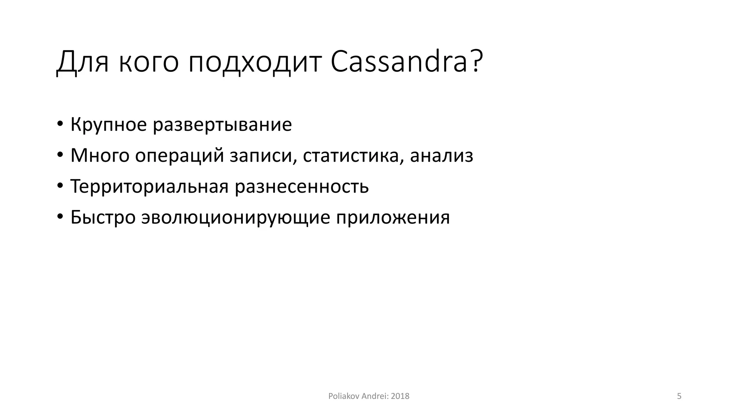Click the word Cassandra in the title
click(x=399, y=62)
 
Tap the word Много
click(x=100, y=156)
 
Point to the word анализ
click(x=441, y=156)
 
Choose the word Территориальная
click(x=150, y=187)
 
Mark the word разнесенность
click(x=302, y=187)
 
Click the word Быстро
click(x=103, y=218)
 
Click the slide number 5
click(x=679, y=396)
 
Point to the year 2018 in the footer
click(x=400, y=396)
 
